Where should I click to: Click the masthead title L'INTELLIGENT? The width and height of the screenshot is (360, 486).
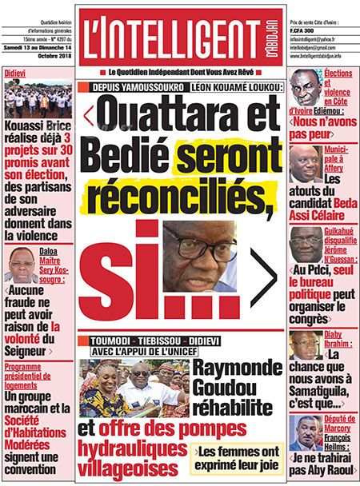pyautogui.click(x=160, y=37)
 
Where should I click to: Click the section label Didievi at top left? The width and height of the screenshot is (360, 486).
pyautogui.click(x=14, y=72)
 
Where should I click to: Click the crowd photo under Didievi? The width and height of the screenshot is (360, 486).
pyautogui.click(x=37, y=98)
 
